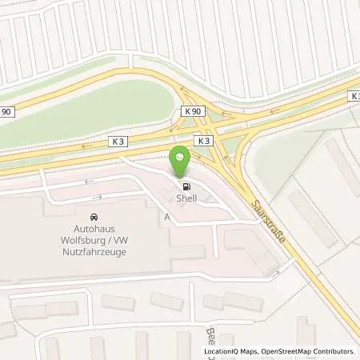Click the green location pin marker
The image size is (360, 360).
[180, 158]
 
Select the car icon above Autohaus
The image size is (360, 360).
[94, 217]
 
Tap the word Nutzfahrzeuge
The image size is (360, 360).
[93, 250]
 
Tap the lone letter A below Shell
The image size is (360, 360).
[166, 217]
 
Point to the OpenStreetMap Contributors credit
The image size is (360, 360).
[306, 351]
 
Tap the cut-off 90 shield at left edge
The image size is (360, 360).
[6, 111]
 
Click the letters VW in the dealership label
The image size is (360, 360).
[121, 239]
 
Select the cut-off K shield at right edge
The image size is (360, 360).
[354, 95]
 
